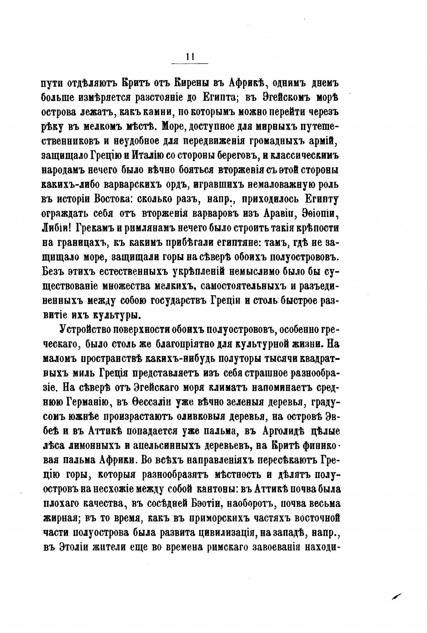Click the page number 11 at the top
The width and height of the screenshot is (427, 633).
pos(190,57)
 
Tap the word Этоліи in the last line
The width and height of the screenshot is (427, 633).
pos(74,547)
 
